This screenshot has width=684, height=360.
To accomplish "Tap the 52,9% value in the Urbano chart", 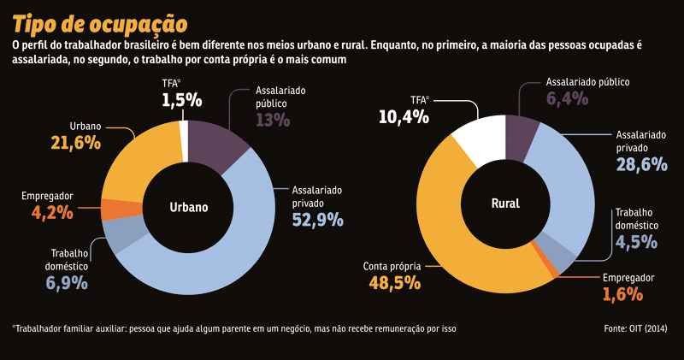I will (x=317, y=221).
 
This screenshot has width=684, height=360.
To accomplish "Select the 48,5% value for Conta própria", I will (x=392, y=281).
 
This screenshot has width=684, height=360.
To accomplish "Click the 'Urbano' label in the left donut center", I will (x=188, y=207).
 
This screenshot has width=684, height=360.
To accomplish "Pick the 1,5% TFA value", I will (x=181, y=100).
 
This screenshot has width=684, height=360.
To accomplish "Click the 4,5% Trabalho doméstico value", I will (x=637, y=241).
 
